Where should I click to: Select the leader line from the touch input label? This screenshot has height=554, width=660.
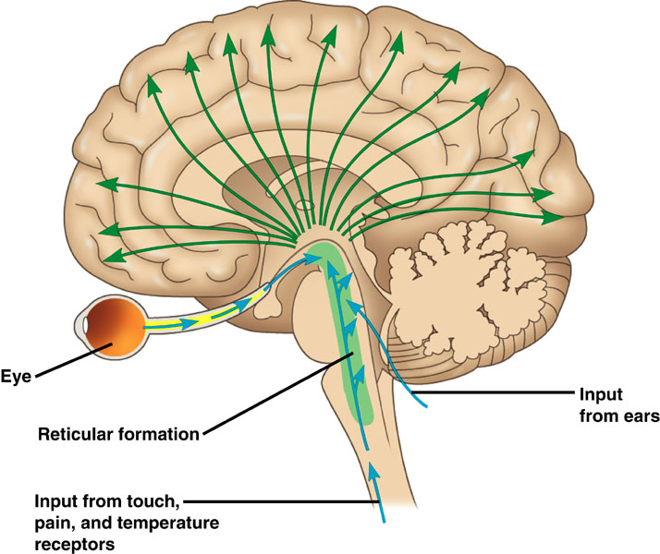[x=277, y=502]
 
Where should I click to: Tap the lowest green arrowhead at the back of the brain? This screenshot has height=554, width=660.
[x=555, y=218]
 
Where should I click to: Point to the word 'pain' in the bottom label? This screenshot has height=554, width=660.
[x=53, y=524]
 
